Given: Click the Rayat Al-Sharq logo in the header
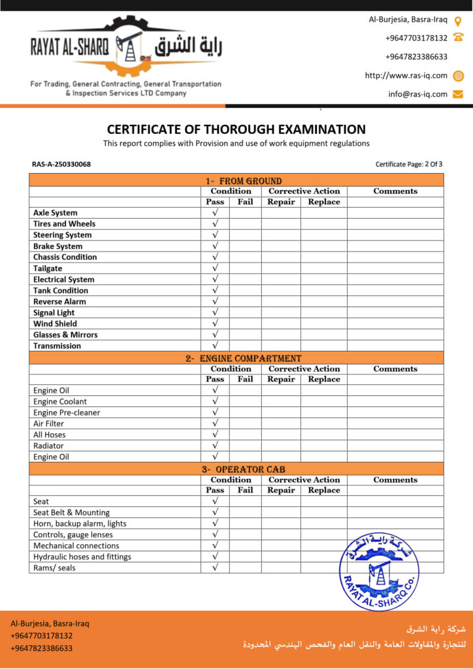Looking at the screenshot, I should pos(126,47).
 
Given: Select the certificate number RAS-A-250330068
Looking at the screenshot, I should pos(61,164).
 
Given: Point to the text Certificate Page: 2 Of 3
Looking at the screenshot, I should pos(409,164).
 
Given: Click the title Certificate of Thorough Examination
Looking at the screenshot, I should pos(236,129).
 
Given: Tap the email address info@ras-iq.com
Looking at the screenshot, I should pos(417,94).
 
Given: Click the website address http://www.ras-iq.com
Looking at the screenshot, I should pos(406,75).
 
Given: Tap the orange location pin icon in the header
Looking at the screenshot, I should pos(458,20).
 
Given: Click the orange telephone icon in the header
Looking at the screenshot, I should pos(458,38).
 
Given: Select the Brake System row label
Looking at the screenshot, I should pos(58,246).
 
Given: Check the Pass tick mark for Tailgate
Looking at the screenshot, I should pos(215,268).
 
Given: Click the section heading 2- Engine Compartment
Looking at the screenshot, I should pos(242,358).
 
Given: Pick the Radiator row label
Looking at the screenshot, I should pos(48,446).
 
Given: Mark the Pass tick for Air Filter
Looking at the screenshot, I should pos(215,423).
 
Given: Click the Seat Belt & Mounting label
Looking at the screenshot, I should pos(71,513).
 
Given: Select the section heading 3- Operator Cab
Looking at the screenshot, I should pos(242,469).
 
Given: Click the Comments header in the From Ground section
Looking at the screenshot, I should pos(395,191).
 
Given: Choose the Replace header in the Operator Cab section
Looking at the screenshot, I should pos(324,490).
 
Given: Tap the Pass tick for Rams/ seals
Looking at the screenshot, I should pos(215,568).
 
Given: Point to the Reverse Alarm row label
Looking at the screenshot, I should pos(59,302).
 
